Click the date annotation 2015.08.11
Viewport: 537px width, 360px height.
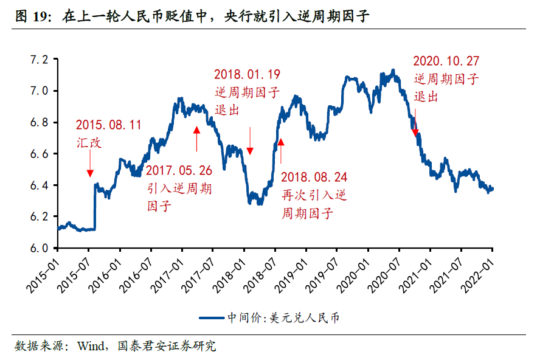tap(108, 125)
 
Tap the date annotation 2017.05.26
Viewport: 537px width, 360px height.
tap(179, 170)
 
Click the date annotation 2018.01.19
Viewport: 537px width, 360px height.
tap(247, 75)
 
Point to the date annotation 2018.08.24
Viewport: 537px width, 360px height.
tap(314, 178)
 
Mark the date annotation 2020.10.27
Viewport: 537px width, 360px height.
tap(446, 61)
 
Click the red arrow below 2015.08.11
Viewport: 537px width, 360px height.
tap(90, 164)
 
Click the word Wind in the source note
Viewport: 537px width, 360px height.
tap(90, 347)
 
